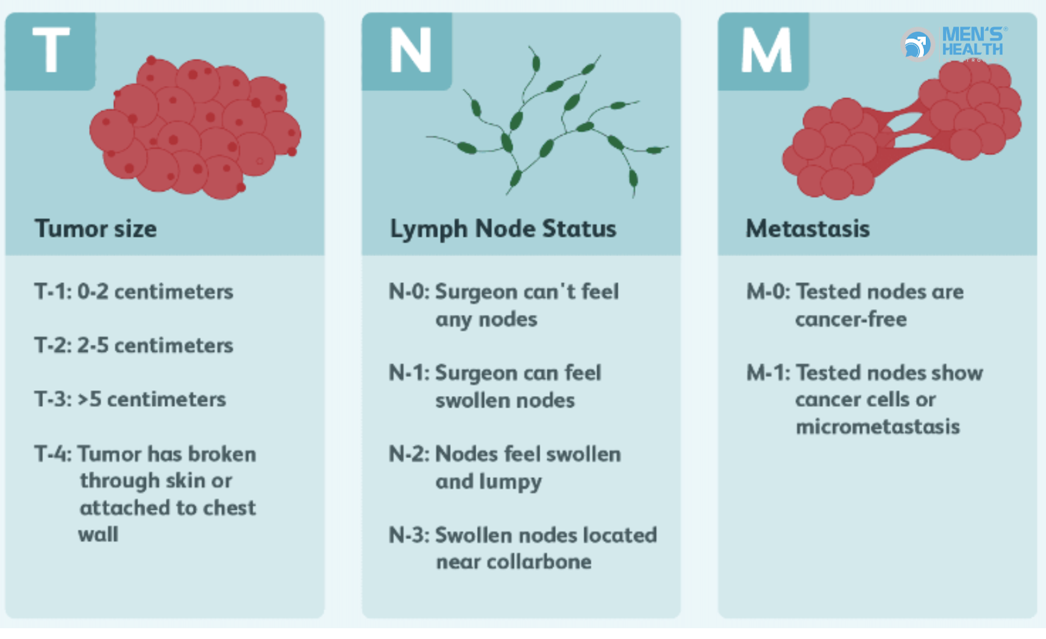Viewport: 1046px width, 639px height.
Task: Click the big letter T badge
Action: tap(51, 51)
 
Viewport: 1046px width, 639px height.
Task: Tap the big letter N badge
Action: tap(407, 51)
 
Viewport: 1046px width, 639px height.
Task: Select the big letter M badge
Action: tap(764, 51)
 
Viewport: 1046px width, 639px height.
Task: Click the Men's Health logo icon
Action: tap(917, 45)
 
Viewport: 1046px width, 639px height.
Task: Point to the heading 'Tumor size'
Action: tap(96, 229)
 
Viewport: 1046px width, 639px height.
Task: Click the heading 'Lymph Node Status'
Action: tap(503, 229)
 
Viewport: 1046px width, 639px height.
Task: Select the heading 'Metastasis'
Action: tap(808, 229)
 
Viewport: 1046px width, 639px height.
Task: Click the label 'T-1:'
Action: tap(53, 291)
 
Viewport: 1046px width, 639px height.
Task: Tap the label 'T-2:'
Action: tap(53, 345)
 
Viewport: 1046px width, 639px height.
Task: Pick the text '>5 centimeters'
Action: tap(152, 399)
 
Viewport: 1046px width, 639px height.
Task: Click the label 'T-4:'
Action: tap(53, 454)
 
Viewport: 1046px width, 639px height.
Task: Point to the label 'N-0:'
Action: tap(410, 291)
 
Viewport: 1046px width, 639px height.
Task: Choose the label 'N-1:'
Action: tap(410, 373)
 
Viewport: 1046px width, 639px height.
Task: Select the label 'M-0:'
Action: tap(769, 291)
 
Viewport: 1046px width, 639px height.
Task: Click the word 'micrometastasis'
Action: tap(878, 426)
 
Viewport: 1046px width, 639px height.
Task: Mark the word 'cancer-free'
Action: tap(851, 319)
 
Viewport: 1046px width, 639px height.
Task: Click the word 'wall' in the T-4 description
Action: tap(98, 534)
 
